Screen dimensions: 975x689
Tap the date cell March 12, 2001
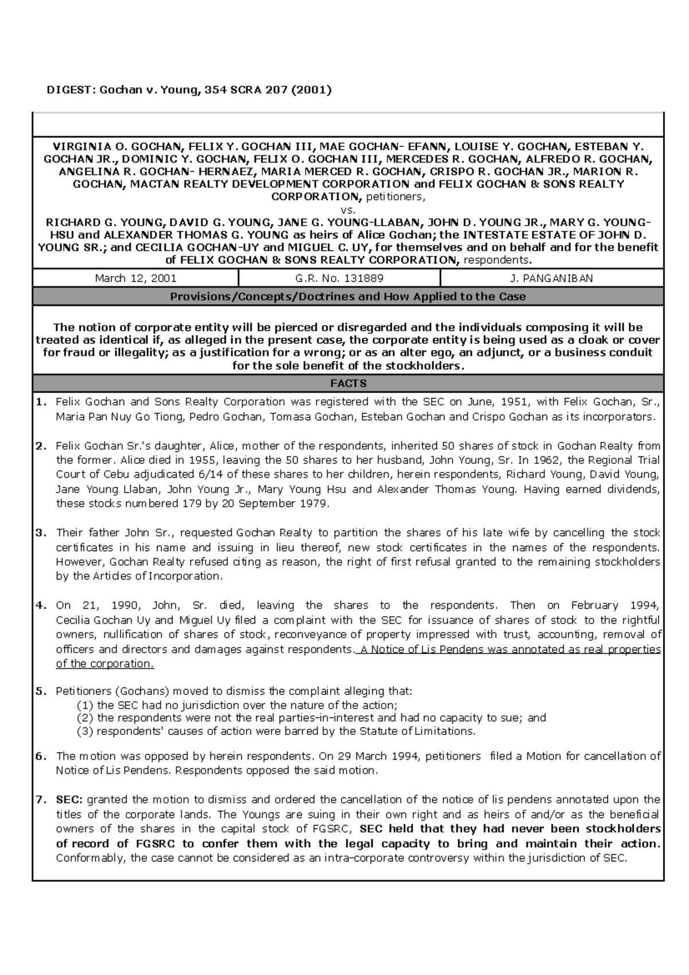pyautogui.click(x=136, y=278)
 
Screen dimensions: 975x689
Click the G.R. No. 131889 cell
pyautogui.click(x=339, y=278)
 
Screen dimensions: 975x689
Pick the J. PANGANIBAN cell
pyautogui.click(x=551, y=278)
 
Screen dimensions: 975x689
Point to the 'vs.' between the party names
pyautogui.click(x=348, y=210)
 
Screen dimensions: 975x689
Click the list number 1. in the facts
pyautogui.click(x=41, y=402)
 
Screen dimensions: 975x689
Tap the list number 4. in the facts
pyautogui.click(x=41, y=605)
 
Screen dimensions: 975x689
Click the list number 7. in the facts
pyautogui.click(x=41, y=799)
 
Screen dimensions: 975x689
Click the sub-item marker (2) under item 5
pyautogui.click(x=84, y=718)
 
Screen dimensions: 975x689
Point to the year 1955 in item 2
pyautogui.click(x=204, y=460)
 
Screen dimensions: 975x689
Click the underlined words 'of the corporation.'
pyautogui.click(x=105, y=664)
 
